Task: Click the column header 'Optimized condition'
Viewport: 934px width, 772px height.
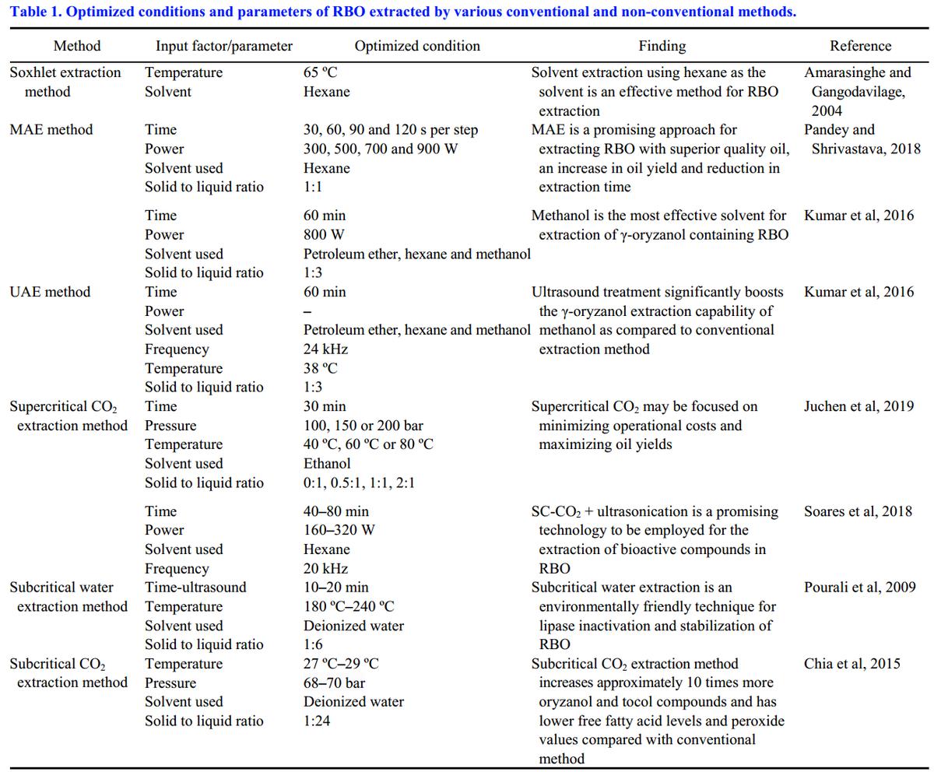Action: [417, 46]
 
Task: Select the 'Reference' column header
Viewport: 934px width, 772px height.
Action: [860, 46]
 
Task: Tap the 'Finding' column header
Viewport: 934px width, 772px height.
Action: [662, 46]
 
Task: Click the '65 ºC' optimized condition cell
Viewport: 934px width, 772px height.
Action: [321, 72]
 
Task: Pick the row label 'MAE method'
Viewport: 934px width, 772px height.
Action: [51, 130]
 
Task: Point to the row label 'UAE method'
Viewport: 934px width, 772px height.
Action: [50, 292]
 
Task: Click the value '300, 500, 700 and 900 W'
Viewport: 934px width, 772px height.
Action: [381, 149]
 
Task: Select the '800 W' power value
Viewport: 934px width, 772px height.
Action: [324, 234]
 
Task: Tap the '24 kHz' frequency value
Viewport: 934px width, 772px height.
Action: [325, 349]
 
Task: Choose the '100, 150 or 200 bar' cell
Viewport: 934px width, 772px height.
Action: [363, 426]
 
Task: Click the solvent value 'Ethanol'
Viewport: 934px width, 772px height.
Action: [327, 463]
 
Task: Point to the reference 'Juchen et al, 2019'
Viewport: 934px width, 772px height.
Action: [859, 406]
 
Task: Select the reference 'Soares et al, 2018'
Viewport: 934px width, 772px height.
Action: [858, 511]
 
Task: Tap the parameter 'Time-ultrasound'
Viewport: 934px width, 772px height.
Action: [195, 588]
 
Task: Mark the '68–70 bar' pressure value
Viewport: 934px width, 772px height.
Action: [334, 683]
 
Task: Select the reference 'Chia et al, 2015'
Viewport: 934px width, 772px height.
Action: [852, 664]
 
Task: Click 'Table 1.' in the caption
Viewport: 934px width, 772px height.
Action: [35, 12]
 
